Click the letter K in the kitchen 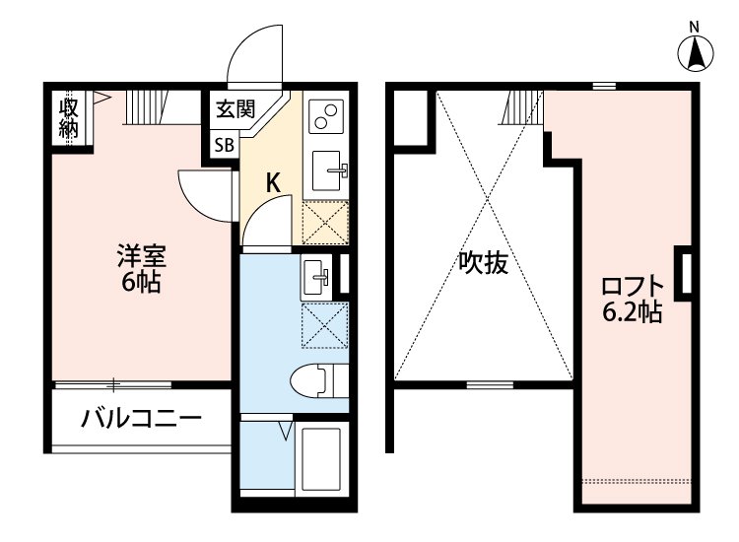coord(274,181)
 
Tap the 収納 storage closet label coord(68,117)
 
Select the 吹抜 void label coord(483,263)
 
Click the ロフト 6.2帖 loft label coord(633,300)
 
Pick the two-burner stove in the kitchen coord(325,116)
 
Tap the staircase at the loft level coord(522,106)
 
